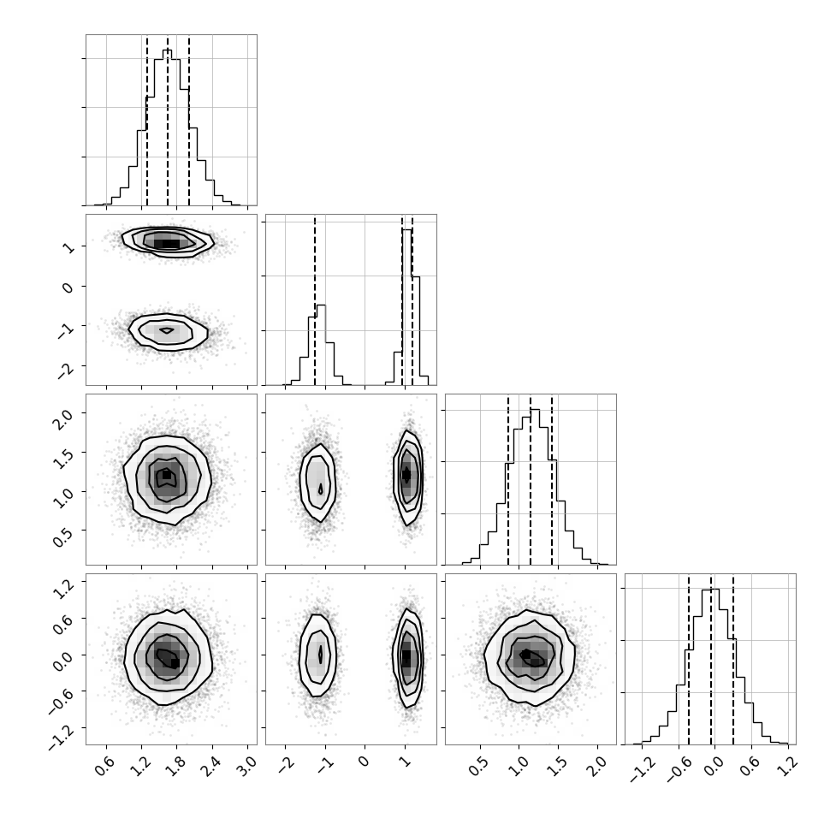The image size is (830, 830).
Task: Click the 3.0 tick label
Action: click(x=248, y=765)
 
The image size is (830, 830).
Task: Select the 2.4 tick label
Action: click(x=213, y=765)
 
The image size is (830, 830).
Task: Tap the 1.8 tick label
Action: click(x=177, y=765)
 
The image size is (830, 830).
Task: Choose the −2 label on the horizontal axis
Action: click(x=284, y=764)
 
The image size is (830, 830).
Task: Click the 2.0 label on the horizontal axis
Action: click(x=597, y=765)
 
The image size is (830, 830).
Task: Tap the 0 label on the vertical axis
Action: click(x=68, y=288)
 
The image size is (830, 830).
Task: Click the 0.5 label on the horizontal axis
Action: click(x=479, y=765)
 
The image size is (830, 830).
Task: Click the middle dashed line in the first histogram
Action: click(x=168, y=120)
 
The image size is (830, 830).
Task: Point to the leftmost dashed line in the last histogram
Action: click(x=689, y=659)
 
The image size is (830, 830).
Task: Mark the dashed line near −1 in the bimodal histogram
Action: click(x=314, y=300)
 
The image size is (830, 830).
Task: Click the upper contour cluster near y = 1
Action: click(x=168, y=242)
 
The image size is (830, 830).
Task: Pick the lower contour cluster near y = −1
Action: click(x=168, y=332)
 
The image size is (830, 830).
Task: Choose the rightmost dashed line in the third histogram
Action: click(x=552, y=479)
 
